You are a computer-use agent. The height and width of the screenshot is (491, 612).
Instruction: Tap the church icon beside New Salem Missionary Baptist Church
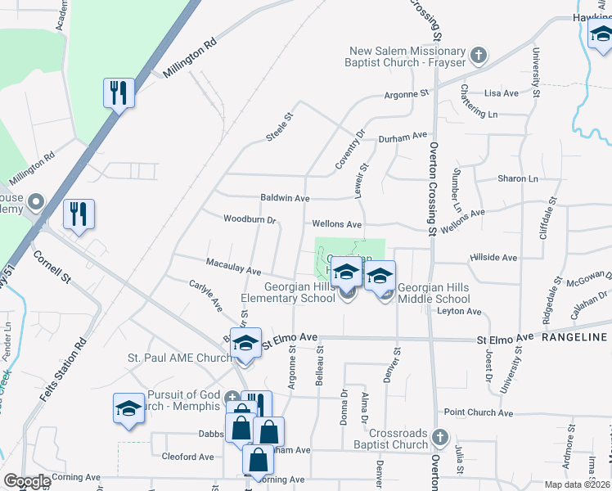pos(479,56)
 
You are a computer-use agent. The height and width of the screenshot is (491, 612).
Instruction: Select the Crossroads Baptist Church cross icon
pos(440,438)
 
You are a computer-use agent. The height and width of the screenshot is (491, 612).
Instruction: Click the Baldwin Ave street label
pos(285,198)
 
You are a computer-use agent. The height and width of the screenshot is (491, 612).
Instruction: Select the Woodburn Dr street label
pos(250,219)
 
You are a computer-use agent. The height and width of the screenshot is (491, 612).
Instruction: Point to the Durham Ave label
pos(403,136)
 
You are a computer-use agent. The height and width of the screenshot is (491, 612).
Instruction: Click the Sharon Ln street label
pos(518,178)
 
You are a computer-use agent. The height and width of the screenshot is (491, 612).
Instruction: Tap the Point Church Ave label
pos(478,413)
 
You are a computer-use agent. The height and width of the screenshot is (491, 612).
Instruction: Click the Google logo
pos(27,481)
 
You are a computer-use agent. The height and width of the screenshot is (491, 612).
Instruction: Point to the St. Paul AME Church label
pos(180,358)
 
